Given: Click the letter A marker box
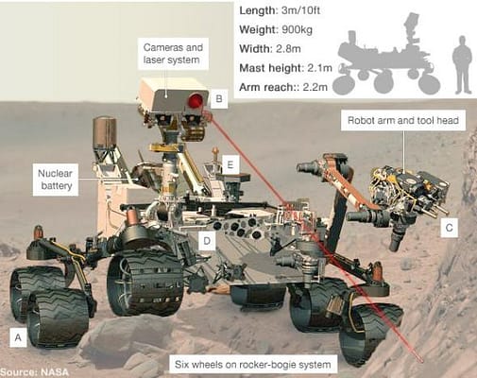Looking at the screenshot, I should click(16, 335).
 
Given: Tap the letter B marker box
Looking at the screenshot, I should click(218, 98).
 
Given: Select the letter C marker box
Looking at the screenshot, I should click(450, 227).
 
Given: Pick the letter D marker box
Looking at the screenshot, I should click(206, 240).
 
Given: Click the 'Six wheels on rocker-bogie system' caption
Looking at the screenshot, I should click(254, 364).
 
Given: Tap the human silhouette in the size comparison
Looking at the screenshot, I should click(461, 64).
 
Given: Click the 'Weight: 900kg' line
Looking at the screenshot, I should click(273, 28).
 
